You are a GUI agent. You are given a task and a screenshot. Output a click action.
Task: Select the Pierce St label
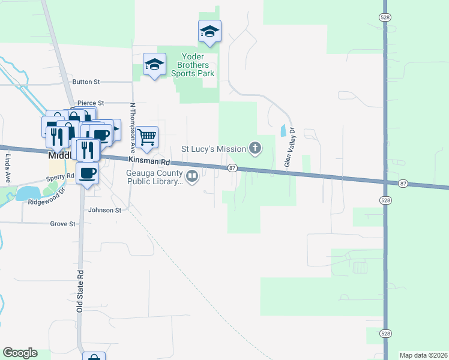point(91,103)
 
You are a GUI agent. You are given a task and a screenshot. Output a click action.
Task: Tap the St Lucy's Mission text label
point(214,149)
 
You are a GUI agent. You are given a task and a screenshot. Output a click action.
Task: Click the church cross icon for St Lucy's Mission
point(255,148)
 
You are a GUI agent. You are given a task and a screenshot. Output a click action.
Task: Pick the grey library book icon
point(193,176)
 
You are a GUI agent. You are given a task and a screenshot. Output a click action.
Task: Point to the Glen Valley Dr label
point(289,147)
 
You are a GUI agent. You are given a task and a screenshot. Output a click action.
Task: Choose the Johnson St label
point(104,211)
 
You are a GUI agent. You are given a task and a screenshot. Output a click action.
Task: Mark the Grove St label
point(63,224)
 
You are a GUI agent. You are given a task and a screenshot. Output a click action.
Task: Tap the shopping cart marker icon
point(147,137)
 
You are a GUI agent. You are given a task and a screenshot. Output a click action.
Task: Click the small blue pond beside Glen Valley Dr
point(283,130)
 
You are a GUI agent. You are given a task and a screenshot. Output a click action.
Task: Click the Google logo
point(20,353)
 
